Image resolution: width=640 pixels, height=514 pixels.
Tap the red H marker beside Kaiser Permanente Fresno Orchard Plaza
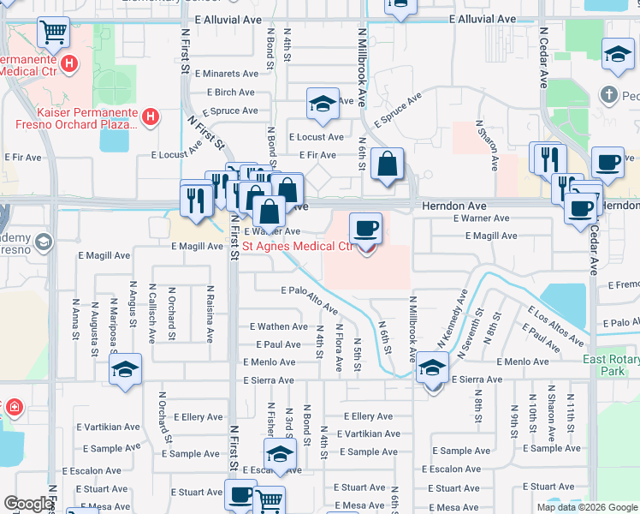[151, 116]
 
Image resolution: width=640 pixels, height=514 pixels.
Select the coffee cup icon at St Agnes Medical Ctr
[366, 229]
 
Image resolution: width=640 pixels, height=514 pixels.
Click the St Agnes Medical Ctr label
[297, 246]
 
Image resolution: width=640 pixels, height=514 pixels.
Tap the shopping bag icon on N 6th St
[388, 163]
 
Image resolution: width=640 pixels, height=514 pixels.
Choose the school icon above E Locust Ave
[323, 105]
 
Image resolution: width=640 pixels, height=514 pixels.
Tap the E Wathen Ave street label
[278, 326]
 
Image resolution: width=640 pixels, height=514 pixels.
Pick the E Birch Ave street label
[231, 93]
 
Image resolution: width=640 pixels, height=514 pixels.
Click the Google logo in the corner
[28, 505]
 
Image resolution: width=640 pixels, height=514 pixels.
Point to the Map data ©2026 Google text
[586, 507]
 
